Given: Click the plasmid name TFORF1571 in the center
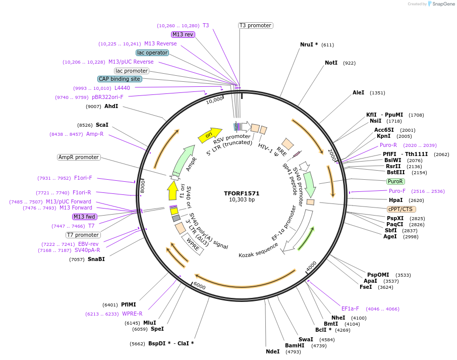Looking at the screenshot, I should click(x=242, y=193).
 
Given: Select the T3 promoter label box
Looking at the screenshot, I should click(x=255, y=25).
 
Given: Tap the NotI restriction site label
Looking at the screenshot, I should click(x=331, y=63).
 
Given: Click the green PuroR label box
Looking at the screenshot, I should click(x=395, y=181).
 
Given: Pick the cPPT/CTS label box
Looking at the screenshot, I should click(x=402, y=209).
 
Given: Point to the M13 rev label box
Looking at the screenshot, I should click(x=183, y=34).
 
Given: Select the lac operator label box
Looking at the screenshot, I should click(x=152, y=53).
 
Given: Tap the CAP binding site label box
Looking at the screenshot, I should click(x=120, y=79).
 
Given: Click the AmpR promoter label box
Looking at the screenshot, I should click(x=79, y=157).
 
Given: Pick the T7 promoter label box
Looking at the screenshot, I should click(x=83, y=235).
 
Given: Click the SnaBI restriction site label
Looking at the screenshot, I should click(x=96, y=259).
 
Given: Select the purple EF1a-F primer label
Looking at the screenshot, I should click(x=350, y=308).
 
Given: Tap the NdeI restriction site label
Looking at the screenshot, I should click(x=272, y=351).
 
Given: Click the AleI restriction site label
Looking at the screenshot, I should click(x=358, y=92).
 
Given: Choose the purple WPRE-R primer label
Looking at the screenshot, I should click(x=132, y=314).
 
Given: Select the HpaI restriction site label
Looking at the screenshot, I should click(x=395, y=200).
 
